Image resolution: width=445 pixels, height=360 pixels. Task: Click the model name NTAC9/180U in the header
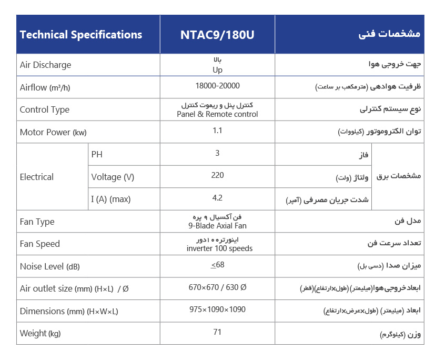pos(217,35)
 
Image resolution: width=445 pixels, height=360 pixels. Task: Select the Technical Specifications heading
pos(81,35)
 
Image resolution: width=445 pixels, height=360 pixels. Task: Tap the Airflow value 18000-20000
pos(217,86)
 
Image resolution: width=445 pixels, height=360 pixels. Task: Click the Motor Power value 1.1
pos(217,131)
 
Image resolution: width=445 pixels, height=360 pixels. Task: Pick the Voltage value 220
pos(217,175)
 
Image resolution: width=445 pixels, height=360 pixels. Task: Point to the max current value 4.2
pos(217,198)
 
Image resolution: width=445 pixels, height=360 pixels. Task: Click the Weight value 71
pos(217,332)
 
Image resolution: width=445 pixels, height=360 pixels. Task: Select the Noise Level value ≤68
pos(217,265)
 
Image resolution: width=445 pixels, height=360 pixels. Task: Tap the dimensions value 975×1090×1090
pos(217,309)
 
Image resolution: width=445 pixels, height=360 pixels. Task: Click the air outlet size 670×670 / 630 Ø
pos(217,287)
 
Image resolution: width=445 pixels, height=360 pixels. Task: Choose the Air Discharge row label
pos(45,65)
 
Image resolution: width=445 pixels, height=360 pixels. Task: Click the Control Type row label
pos(44,110)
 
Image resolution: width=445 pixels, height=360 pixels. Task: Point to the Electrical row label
pos(36,177)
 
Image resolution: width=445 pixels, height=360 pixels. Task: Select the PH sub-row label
pos(97,155)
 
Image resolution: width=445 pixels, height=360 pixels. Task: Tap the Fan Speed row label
pos(39,244)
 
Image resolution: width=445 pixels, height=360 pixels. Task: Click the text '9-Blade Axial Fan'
pos(217,226)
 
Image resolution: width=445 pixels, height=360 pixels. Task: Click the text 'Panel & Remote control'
pos(217,114)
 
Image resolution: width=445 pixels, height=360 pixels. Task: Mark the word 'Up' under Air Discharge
pos(217,70)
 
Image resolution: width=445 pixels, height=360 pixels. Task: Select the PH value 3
pos(217,153)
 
